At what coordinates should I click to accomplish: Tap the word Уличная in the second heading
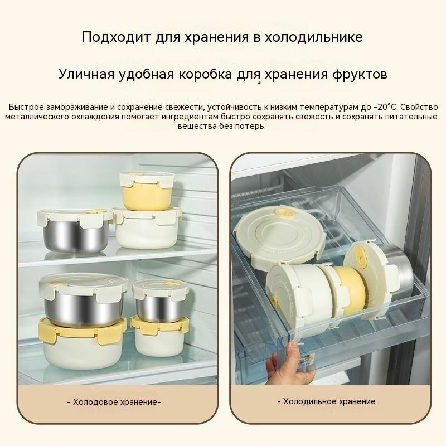(91, 74)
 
